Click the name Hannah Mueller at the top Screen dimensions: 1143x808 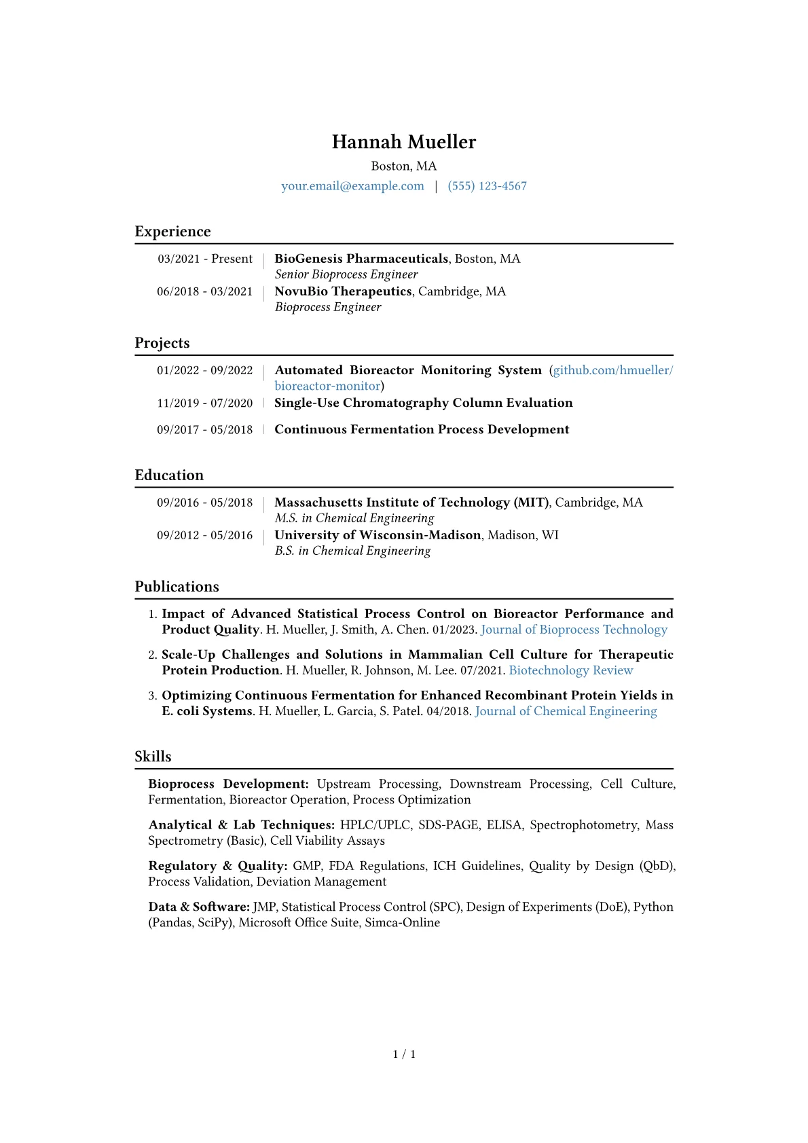tap(404, 142)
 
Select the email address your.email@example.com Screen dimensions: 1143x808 tap(352, 186)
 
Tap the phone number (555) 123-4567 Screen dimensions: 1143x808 tap(487, 186)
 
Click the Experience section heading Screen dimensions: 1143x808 tap(172, 232)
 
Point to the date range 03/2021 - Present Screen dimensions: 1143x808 tap(205, 259)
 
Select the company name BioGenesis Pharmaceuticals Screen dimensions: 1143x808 tap(361, 259)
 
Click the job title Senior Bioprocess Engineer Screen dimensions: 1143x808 tap(346, 274)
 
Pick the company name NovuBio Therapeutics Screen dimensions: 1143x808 tap(343, 291)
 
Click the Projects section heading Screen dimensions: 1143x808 tap(162, 343)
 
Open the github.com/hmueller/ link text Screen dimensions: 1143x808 tap(612, 370)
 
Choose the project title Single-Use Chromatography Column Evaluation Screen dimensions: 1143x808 tap(424, 403)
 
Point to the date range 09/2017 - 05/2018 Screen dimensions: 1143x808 tap(205, 430)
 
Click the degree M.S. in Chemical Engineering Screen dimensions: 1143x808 tap(354, 518)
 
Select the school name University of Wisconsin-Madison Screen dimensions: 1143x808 tap(378, 535)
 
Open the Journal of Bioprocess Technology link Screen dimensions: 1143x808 tap(574, 630)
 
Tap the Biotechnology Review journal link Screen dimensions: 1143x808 tap(570, 670)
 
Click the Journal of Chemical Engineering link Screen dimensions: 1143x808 tap(566, 711)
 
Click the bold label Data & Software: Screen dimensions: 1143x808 tap(199, 907)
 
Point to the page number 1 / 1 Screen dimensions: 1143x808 tap(404, 1054)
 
